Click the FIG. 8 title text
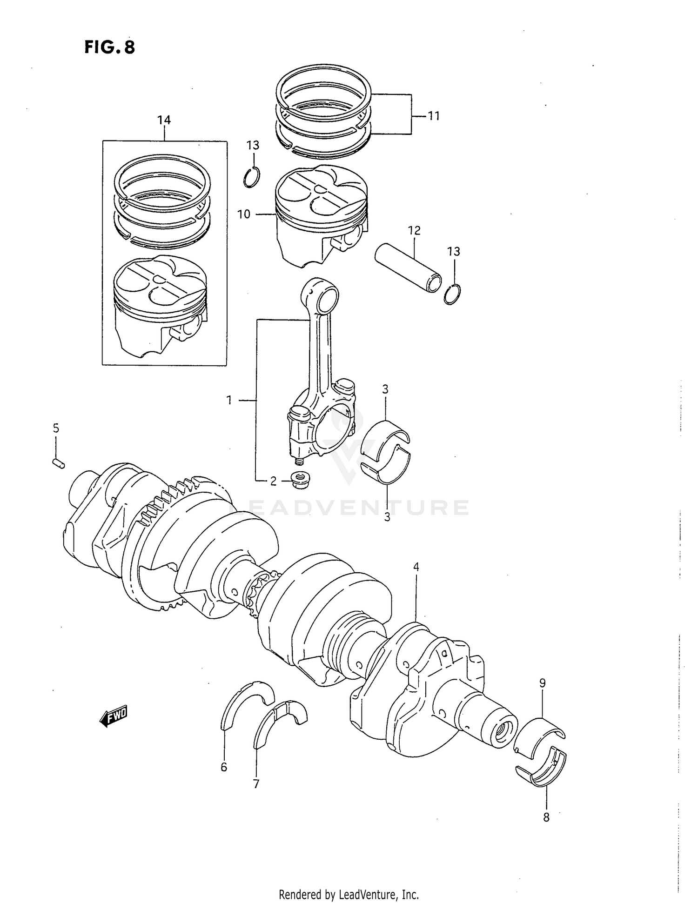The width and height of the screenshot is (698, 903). [x=110, y=47]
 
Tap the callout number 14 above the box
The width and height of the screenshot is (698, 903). [x=164, y=120]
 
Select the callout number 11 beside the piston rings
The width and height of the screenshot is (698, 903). [x=433, y=115]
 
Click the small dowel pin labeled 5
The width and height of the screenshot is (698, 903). [x=59, y=463]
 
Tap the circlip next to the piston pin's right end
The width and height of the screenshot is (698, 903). [x=453, y=294]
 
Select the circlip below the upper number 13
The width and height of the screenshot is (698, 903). [x=252, y=177]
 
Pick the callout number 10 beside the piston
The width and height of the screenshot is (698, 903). [x=243, y=214]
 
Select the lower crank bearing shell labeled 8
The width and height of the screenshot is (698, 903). [x=542, y=769]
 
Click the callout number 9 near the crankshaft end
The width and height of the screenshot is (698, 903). [x=542, y=683]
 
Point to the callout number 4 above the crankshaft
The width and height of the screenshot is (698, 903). [x=416, y=567]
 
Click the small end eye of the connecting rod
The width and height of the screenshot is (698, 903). [x=325, y=298]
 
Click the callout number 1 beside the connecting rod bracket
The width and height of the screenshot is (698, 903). [x=229, y=400]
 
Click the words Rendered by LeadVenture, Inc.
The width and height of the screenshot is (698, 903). [x=349, y=894]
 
